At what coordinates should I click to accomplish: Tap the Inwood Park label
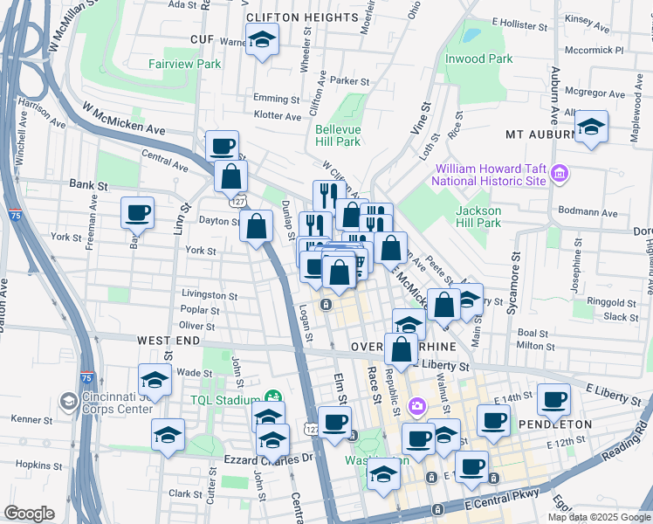click(478, 59)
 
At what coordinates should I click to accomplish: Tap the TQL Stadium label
click(227, 401)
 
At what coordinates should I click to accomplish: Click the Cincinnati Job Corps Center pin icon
click(68, 402)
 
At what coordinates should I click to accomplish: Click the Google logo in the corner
click(30, 514)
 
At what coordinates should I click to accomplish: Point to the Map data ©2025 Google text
click(599, 517)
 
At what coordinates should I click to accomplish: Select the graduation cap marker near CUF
click(261, 40)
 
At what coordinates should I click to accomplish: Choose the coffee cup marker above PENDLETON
click(553, 400)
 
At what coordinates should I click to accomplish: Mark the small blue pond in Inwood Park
click(472, 37)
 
